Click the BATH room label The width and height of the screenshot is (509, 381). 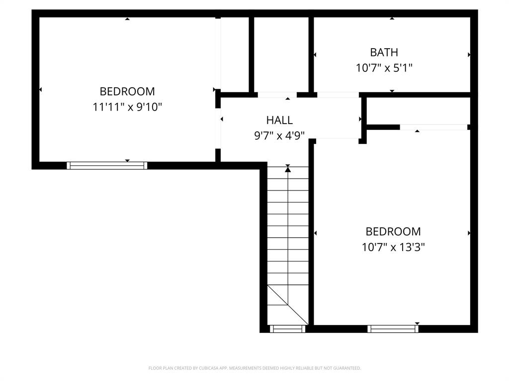point(384,52)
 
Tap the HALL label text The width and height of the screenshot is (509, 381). point(279,120)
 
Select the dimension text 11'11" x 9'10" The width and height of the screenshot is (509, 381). point(128,107)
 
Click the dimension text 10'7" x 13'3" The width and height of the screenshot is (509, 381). point(393,247)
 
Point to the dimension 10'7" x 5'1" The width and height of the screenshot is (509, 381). point(384,67)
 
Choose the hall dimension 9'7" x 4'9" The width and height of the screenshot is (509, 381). point(279,135)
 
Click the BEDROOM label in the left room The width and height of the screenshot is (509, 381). point(127,91)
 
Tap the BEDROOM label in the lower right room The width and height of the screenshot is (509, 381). point(393,231)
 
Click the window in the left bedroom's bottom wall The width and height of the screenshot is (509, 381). point(107,166)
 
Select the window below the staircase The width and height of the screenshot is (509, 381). point(287,328)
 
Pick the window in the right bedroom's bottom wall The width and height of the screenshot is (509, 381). point(393,328)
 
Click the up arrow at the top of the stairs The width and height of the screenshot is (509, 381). point(288,170)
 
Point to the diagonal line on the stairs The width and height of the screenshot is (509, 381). point(288,305)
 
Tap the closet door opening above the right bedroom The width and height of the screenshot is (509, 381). point(433,127)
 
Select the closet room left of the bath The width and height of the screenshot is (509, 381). point(281,55)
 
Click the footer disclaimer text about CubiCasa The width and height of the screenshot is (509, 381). point(254,368)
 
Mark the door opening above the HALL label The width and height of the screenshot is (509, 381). point(277,95)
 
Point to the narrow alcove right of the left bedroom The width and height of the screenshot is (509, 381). point(234,55)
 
